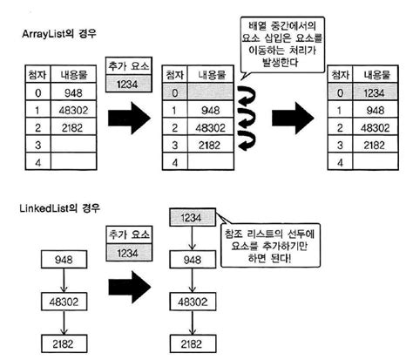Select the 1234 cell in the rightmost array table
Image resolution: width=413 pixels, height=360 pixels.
pyautogui.click(x=376, y=93)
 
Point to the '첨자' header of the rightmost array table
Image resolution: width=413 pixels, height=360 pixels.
pyautogui.click(x=342, y=76)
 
